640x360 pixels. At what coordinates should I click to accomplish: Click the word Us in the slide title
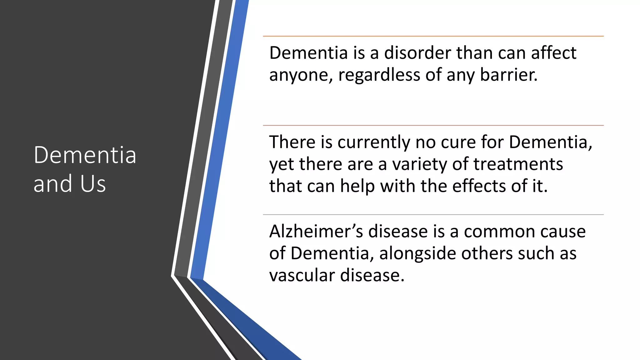(93, 184)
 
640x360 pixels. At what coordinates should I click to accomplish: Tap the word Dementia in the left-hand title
(85, 155)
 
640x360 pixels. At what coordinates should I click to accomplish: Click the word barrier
(508, 75)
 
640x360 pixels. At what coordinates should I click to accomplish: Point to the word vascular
(302, 276)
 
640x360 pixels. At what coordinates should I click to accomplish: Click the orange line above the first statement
(433, 36)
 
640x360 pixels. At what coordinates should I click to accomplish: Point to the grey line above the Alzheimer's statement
(433, 215)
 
